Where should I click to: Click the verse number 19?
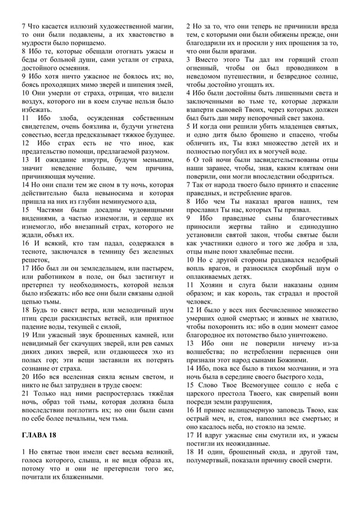point(26,335)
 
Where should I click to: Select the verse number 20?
point(26,376)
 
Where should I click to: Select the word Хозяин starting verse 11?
point(216,285)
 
